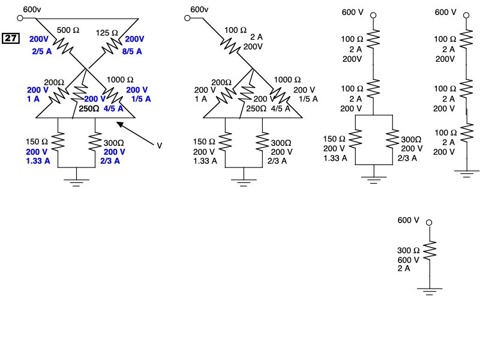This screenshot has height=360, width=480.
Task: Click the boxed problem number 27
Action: point(11,39)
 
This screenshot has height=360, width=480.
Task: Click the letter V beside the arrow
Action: point(160,145)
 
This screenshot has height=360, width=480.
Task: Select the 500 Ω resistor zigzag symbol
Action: point(63,44)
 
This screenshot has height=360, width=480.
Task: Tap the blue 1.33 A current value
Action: point(38,161)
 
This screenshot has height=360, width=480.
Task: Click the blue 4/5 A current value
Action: point(112,109)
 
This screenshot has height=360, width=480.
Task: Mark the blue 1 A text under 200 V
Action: point(32,99)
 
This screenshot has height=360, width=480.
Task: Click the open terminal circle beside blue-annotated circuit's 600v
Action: point(20,18)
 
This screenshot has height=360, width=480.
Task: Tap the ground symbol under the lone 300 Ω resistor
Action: point(429,291)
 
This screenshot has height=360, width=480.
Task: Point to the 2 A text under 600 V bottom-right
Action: point(404,269)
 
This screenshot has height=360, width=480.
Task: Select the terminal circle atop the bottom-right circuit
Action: point(429,223)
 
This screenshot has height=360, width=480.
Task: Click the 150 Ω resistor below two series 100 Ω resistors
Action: point(356,139)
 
